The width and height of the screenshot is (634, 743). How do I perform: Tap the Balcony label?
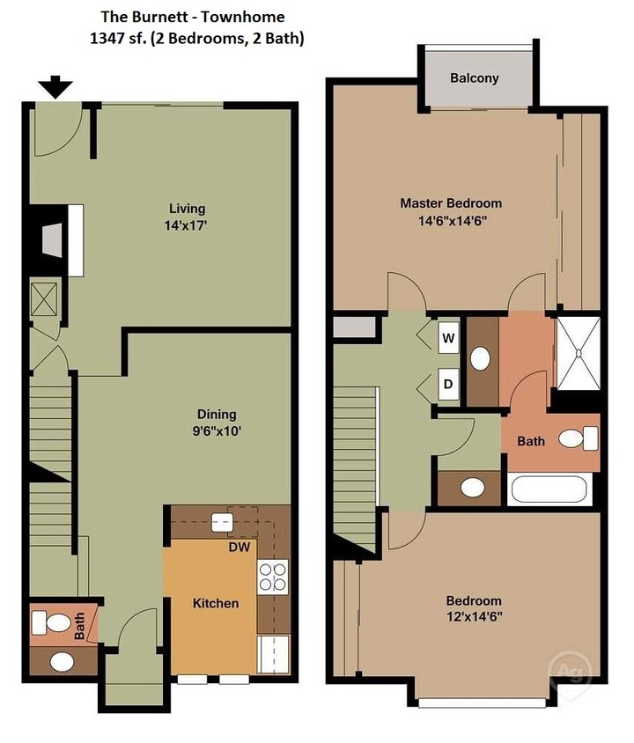[474, 77]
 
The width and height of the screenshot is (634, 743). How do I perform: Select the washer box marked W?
[447, 338]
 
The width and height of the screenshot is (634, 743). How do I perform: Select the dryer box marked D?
[447, 384]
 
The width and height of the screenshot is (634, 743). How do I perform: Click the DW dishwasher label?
[240, 547]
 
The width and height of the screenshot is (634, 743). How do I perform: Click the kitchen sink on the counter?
[222, 522]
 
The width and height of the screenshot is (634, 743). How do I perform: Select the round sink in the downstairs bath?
[62, 661]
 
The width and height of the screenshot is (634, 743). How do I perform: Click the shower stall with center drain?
[578, 354]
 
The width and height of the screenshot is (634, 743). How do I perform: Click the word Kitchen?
[216, 603]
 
